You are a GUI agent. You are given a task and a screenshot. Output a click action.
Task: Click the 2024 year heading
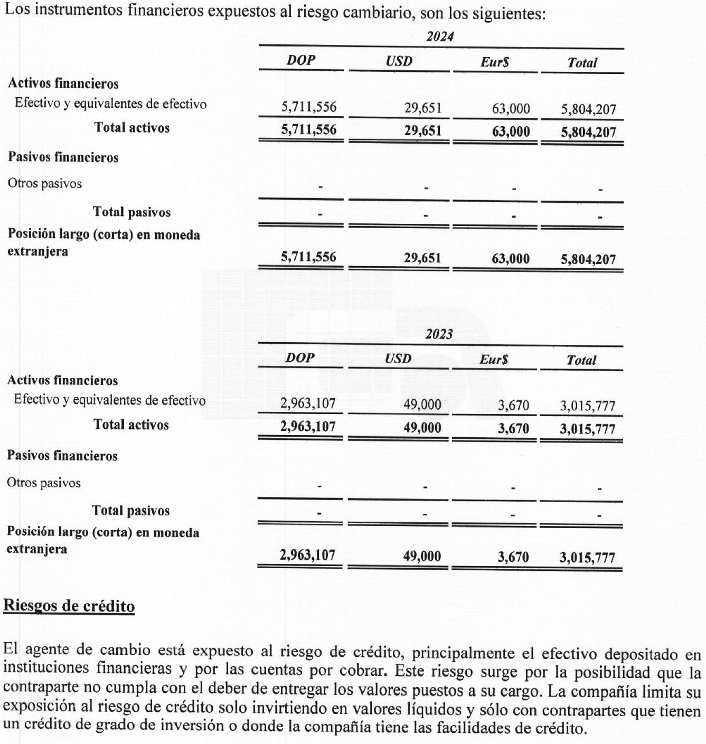click(x=440, y=36)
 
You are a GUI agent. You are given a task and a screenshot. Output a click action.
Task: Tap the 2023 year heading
click(x=439, y=334)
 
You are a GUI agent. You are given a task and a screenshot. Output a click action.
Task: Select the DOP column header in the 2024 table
click(x=301, y=60)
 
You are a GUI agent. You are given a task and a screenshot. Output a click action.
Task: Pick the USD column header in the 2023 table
click(x=398, y=359)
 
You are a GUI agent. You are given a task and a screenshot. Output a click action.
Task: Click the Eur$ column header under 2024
click(x=495, y=62)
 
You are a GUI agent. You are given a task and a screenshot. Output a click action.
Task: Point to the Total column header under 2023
click(x=581, y=360)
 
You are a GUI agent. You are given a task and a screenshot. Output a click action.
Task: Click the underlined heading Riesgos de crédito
click(x=69, y=605)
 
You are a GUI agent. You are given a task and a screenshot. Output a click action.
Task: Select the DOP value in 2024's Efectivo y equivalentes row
click(x=308, y=107)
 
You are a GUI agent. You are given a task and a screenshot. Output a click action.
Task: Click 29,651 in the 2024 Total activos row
click(x=422, y=130)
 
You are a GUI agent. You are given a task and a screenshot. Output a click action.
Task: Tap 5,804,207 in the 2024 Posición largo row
click(x=588, y=259)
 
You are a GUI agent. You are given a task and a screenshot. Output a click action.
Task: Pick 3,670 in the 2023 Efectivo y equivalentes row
click(x=513, y=405)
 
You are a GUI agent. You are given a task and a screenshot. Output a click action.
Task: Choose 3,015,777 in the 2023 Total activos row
click(x=588, y=428)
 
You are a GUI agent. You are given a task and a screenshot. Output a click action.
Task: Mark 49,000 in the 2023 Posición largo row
click(x=422, y=556)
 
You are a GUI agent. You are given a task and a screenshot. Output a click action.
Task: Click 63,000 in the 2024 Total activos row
click(x=511, y=131)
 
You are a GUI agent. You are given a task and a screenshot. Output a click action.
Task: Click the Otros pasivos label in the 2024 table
click(x=45, y=184)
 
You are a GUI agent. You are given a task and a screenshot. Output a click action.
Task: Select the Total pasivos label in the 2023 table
click(x=131, y=511)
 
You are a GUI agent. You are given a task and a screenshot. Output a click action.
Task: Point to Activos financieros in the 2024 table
click(x=63, y=83)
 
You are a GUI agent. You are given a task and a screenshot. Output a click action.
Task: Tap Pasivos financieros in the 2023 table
click(x=62, y=456)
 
